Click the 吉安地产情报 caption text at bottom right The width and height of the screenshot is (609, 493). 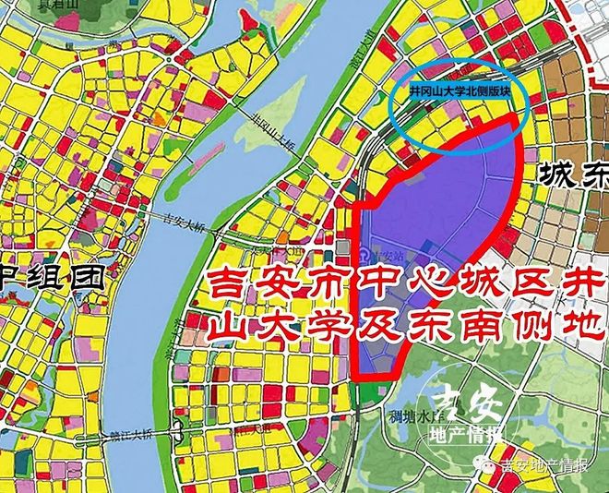(543, 465)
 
